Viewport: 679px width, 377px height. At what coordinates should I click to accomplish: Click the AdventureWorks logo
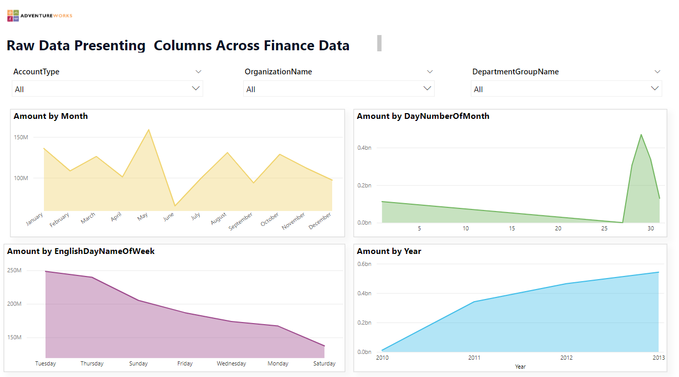click(40, 16)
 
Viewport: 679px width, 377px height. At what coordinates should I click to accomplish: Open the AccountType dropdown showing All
click(107, 89)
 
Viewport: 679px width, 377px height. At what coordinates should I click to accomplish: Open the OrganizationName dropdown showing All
click(339, 89)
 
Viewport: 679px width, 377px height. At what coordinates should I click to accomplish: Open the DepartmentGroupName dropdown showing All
click(567, 89)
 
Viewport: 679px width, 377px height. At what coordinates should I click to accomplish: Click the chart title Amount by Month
click(51, 116)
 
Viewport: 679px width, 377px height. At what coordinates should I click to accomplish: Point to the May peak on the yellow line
click(149, 129)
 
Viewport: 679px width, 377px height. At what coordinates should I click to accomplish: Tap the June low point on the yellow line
click(175, 206)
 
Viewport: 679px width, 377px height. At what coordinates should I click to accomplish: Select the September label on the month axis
click(241, 221)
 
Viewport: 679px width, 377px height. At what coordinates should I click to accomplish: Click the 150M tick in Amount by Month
click(21, 137)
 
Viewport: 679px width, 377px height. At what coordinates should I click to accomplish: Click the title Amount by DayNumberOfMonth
click(423, 116)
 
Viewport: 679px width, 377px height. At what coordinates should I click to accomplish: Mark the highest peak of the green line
click(641, 135)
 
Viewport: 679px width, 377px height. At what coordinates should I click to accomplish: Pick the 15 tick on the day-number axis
click(512, 228)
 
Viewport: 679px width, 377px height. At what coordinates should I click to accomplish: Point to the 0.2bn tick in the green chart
click(364, 185)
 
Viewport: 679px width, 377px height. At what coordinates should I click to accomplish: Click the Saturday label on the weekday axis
click(324, 363)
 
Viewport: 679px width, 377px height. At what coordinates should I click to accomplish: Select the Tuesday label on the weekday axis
click(46, 363)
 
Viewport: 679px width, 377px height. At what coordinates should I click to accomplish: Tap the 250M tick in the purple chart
click(14, 270)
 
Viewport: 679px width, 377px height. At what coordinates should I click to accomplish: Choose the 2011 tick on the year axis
click(474, 358)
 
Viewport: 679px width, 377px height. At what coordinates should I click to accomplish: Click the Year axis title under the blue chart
click(520, 367)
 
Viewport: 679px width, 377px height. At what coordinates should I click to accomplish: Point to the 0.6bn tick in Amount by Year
click(364, 264)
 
